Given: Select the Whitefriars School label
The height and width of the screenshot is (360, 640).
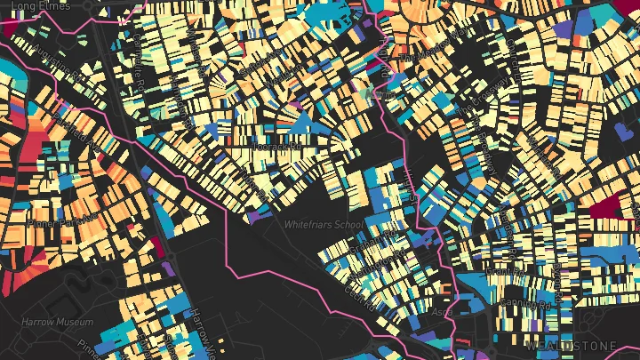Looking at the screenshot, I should click(323, 225).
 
